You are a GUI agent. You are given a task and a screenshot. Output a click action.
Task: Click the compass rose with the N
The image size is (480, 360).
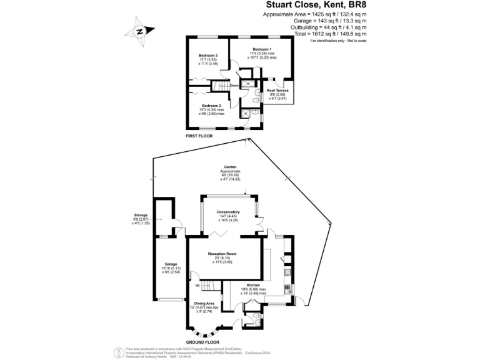pyautogui.click(x=140, y=31)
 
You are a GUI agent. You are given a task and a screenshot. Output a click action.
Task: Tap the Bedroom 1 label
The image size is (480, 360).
pyautogui.click(x=262, y=49)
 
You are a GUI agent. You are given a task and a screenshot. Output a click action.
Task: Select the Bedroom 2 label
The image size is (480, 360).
pyautogui.click(x=211, y=106)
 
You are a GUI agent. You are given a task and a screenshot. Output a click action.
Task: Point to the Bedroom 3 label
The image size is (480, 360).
pyautogui.click(x=208, y=56)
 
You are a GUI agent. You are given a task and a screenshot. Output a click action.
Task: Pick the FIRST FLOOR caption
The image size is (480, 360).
pyautogui.click(x=199, y=136)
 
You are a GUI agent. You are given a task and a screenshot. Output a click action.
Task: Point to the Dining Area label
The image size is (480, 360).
pyautogui.click(x=204, y=303)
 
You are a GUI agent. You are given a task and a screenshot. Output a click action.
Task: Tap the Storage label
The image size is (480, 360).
pyautogui.click(x=140, y=215)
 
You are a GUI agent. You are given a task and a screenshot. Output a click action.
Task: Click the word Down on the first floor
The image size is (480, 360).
pyautogui.click(x=234, y=86)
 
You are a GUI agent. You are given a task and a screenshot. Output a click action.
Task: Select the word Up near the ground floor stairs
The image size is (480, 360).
pyautogui.click(x=198, y=286)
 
